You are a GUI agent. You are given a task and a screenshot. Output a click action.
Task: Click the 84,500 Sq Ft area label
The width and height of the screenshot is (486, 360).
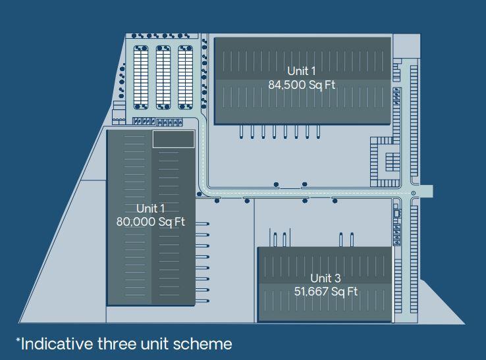pyautogui.click(x=302, y=85)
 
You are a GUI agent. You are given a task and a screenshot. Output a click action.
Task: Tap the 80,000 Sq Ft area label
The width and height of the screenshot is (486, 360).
pyautogui.click(x=151, y=222)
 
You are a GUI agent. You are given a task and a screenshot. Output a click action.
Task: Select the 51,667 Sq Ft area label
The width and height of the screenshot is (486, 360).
pyautogui.click(x=326, y=292)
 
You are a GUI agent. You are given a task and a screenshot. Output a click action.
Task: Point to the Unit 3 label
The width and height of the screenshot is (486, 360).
pyautogui.click(x=325, y=278)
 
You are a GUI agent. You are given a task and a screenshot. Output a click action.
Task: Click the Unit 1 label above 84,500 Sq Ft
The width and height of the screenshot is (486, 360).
pyautogui.click(x=301, y=71)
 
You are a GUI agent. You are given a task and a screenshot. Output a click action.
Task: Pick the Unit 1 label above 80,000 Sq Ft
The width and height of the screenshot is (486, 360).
pyautogui.click(x=150, y=209)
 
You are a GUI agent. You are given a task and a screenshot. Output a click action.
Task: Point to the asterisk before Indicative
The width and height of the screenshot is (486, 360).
pyautogui.click(x=18, y=340)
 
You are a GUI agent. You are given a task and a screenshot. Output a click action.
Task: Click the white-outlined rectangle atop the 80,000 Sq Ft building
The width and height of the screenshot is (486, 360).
pyautogui.click(x=174, y=139)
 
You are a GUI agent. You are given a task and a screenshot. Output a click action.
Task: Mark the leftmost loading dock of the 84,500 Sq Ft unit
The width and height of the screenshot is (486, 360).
pyautogui.click(x=242, y=132)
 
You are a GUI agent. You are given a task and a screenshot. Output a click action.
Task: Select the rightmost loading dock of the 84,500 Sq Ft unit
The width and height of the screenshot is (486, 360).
pyautogui.click(x=318, y=132)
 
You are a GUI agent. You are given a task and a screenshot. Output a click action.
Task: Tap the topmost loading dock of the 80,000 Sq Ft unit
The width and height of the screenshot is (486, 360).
pyautogui.click(x=202, y=224)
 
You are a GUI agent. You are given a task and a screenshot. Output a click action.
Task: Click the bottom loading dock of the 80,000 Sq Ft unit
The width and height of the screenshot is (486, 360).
pyautogui.click(x=202, y=301)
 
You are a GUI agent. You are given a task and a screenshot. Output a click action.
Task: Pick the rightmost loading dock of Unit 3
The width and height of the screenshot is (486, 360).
pyautogui.click(x=352, y=240)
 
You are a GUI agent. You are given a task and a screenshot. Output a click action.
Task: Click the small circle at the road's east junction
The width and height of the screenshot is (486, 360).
pyautogui.click(x=413, y=193)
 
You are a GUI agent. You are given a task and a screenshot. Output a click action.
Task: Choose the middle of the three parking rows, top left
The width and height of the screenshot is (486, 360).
pyautogui.click(x=163, y=78)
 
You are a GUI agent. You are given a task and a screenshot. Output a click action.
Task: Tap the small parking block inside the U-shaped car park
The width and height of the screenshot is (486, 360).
pyautogui.click(x=392, y=162)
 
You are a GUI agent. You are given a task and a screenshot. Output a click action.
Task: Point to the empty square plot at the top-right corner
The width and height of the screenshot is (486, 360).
pyautogui.click(x=407, y=46)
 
